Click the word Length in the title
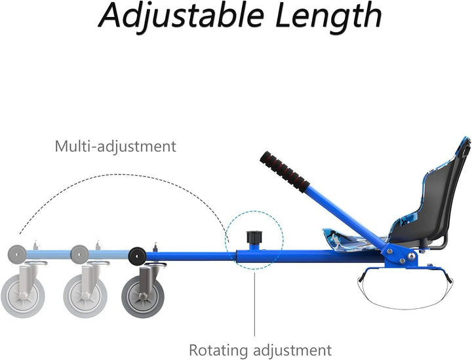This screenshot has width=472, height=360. coord(328,16)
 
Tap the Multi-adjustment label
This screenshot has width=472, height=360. coord(115,146)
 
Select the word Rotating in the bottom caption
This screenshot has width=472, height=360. coord(218,350)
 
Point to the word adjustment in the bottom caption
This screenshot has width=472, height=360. coord(292,350)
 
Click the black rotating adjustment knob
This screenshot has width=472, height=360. coord(254,237)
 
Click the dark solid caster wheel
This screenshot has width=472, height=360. coord(144,296)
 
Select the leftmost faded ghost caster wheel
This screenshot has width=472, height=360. coord(23,296)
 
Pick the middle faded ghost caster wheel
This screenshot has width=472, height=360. coord(85,296)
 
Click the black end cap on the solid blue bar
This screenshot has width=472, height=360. coord(137,256)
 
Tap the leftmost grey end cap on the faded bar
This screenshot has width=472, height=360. coord(17,254)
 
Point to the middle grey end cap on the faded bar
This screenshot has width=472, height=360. coord(79,254)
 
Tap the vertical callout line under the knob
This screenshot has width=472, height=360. coord(254,304)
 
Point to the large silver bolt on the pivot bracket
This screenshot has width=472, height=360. coord(411,256)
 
